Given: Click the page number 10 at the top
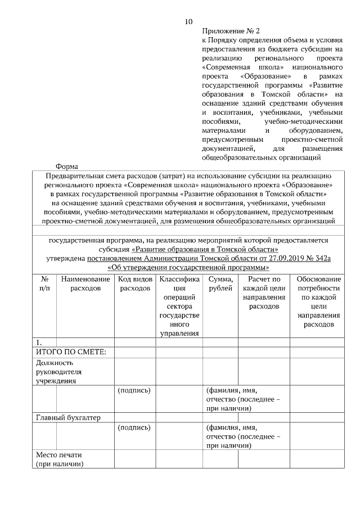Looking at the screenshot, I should point(188,22).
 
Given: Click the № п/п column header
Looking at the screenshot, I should point(44,283).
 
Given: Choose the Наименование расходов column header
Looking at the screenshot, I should point(85,283).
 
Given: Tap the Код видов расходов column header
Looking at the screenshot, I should point(135,283).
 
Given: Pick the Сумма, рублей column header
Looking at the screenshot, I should point(220,283).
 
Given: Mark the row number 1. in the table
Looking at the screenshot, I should point(39,342).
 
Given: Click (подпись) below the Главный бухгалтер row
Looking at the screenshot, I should point(134,427).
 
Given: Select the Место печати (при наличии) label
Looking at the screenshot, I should point(60,460).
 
